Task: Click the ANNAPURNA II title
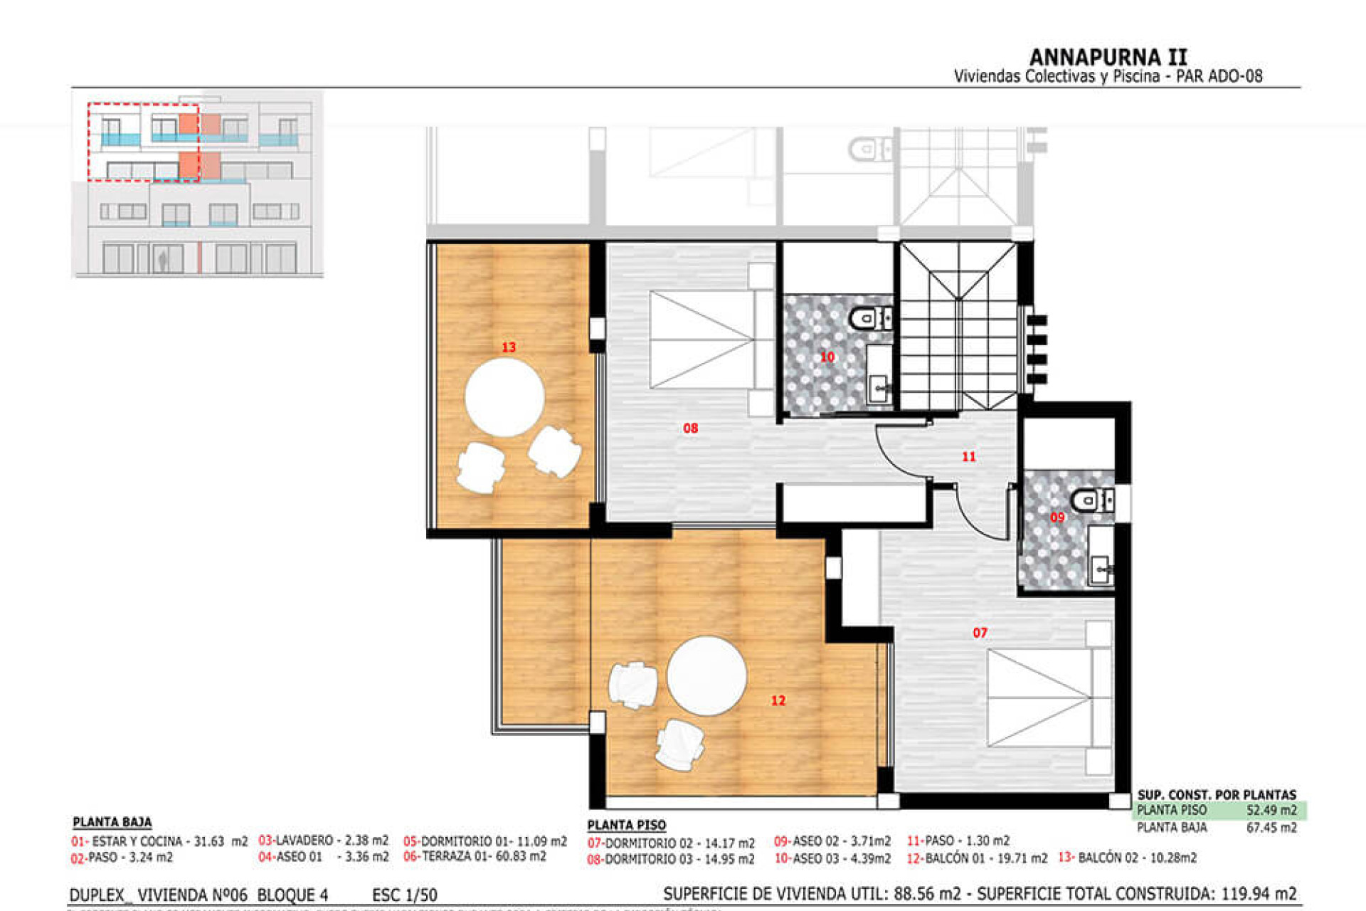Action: pyautogui.click(x=1108, y=57)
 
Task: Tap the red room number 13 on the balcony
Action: pyautogui.click(x=509, y=347)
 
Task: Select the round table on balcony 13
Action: pyautogui.click(x=504, y=397)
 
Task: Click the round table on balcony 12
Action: pyautogui.click(x=706, y=675)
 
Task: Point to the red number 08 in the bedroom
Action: pyautogui.click(x=690, y=428)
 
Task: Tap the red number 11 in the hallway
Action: pyautogui.click(x=968, y=456)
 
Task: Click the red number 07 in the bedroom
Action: pyautogui.click(x=980, y=632)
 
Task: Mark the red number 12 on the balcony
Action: pyautogui.click(x=778, y=700)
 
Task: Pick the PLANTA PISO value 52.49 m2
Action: pyautogui.click(x=1271, y=810)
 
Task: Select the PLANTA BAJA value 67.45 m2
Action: pyautogui.click(x=1271, y=828)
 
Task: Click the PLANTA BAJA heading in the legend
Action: pyautogui.click(x=112, y=822)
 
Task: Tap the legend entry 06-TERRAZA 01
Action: pyautogui.click(x=475, y=857)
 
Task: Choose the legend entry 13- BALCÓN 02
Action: pyautogui.click(x=1127, y=858)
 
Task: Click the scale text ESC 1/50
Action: pyautogui.click(x=404, y=895)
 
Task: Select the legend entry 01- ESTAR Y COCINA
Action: pyautogui.click(x=159, y=841)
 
